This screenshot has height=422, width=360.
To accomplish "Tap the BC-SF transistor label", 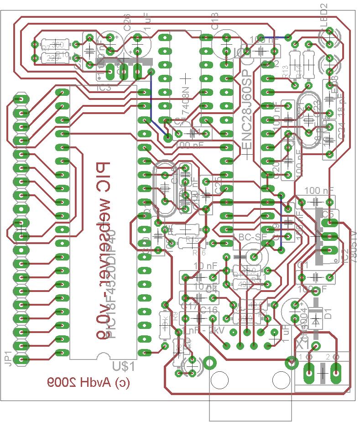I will pos(252,237).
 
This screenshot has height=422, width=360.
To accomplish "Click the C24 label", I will pos(342,132).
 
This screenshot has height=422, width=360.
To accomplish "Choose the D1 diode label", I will pos(327,313).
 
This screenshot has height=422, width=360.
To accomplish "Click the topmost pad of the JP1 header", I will pos(20,99).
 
